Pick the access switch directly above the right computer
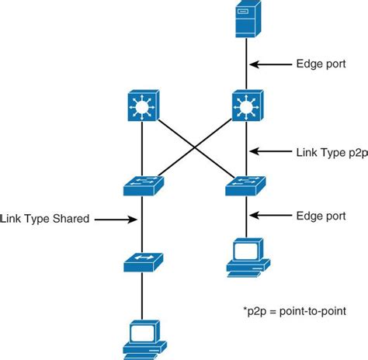click(245, 185)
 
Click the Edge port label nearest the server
click(322, 65)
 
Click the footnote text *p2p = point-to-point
click(294, 310)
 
